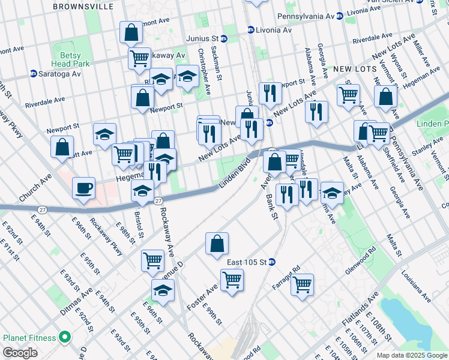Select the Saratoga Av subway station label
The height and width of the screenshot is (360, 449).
coord(55,74)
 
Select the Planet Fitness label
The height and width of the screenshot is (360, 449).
coord(30,338)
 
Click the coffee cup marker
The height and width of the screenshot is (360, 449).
coord(83,187)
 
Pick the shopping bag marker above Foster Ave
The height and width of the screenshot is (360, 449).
coord(217,244)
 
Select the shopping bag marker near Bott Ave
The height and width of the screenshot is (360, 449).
coord(62,146)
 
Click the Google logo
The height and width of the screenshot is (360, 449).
coord(20,353)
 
